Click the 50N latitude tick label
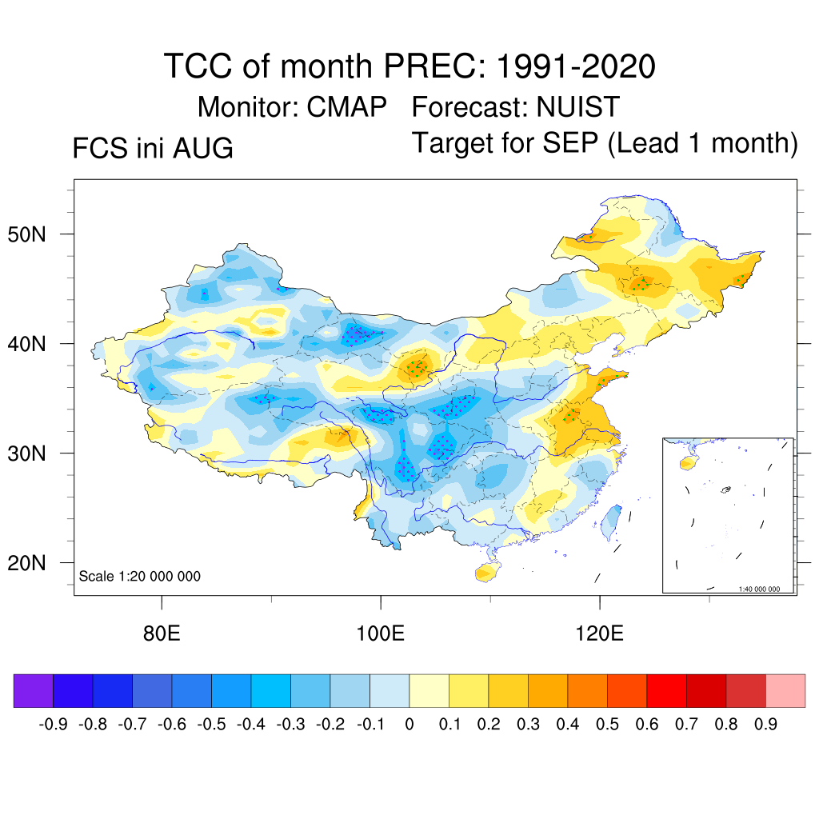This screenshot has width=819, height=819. coord(26,234)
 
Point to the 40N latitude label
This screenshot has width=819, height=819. coord(26,344)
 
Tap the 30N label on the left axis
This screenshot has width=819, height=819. coord(26,453)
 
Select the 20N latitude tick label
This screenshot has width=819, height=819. coord(26,563)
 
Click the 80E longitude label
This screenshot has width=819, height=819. coord(162,633)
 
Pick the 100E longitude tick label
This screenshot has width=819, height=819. coord(380,633)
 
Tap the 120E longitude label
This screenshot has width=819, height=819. coord(600,633)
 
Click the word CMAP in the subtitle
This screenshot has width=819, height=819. coord(346,107)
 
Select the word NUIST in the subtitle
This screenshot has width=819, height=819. coord(577,107)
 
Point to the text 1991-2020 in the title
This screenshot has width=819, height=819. coord(576,66)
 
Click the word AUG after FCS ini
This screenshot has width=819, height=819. coord(202,148)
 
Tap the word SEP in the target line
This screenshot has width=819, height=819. coord(570,142)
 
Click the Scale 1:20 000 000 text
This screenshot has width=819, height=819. coord(139,576)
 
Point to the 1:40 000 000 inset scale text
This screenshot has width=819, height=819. coord(759,589)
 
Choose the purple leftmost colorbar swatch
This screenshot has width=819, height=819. coord(34,690)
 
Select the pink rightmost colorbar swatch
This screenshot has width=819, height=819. coord(785,690)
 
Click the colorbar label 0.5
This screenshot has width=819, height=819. coord(607,725)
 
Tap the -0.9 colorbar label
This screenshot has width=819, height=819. coord(54,725)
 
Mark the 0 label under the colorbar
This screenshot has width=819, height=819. coord(409,725)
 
